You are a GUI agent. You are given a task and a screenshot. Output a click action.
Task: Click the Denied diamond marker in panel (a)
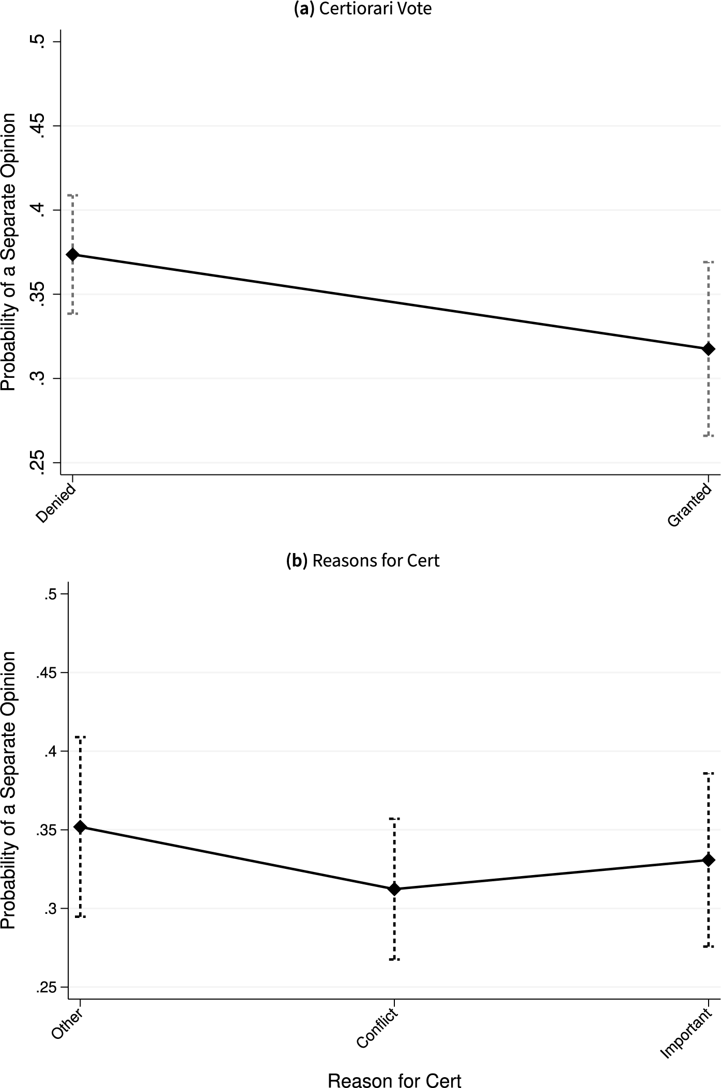point(72,254)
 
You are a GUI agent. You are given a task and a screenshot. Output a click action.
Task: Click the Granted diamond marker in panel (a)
point(709,349)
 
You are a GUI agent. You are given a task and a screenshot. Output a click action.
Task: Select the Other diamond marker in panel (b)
point(80,827)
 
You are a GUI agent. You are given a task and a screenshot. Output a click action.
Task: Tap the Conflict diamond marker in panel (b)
point(394,889)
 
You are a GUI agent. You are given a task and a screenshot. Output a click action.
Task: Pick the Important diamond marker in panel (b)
point(709,860)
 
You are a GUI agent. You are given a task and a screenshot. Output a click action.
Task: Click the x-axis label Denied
point(56,503)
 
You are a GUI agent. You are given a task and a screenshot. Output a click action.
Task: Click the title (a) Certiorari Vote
point(362,9)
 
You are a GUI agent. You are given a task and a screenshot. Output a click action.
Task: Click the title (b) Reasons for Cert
point(362,560)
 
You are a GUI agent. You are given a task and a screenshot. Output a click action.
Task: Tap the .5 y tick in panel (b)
point(50,594)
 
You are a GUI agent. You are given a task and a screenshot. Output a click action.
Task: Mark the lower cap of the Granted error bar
point(709,436)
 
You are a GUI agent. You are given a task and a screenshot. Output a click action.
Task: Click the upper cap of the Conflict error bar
point(394,819)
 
